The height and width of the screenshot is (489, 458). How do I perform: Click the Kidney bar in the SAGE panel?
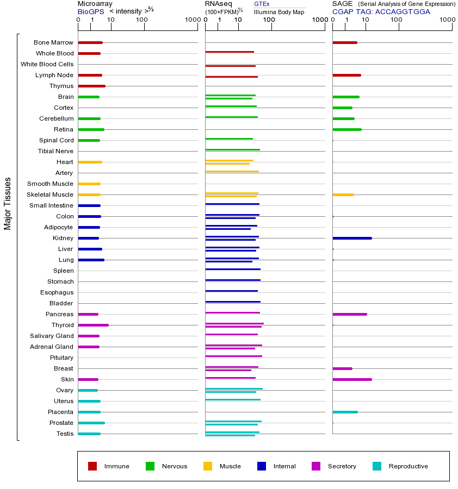tap(352, 238)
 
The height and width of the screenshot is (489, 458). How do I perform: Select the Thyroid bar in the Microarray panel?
tap(93, 325)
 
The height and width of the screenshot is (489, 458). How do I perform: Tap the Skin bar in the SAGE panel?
tap(352, 379)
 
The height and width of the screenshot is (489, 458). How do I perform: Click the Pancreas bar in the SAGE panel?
tap(349, 314)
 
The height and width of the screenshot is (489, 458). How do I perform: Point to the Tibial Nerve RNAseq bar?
tap(232, 149)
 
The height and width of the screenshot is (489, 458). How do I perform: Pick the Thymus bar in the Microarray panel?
tap(91, 86)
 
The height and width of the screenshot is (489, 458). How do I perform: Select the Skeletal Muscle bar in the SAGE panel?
tap(343, 195)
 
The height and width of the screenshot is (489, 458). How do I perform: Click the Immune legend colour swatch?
tap(92, 466)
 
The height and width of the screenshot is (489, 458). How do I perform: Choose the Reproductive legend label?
tap(408, 466)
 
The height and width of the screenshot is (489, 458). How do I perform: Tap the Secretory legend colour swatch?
tap(316, 466)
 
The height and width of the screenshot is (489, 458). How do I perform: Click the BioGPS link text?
tap(89, 11)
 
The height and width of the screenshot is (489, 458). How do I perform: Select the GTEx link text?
tap(262, 4)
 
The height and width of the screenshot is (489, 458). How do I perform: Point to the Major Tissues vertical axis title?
tap(8, 203)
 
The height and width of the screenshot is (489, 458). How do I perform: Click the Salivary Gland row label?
tap(52, 336)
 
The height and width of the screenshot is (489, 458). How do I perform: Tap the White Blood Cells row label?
tap(47, 64)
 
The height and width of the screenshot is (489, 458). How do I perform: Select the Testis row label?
tap(65, 434)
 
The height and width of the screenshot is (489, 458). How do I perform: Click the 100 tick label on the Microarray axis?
tap(142, 20)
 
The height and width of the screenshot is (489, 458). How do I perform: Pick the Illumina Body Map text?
tap(279, 12)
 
